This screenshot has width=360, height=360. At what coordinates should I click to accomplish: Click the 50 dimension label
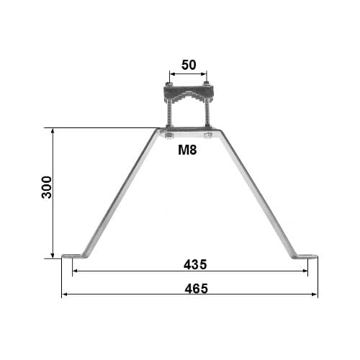click(189, 65)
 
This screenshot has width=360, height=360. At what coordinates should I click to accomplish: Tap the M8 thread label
click(187, 150)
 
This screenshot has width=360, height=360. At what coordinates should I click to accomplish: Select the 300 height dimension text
click(47, 187)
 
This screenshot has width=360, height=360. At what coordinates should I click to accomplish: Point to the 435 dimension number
click(195, 264)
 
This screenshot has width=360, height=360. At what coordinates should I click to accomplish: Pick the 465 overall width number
click(197, 288)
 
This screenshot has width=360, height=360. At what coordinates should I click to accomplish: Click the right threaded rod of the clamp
click(207, 114)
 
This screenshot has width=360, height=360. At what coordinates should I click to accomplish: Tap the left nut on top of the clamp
click(169, 84)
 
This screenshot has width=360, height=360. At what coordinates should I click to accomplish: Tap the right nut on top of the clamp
click(207, 84)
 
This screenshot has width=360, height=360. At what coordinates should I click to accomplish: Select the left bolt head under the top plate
click(169, 136)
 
